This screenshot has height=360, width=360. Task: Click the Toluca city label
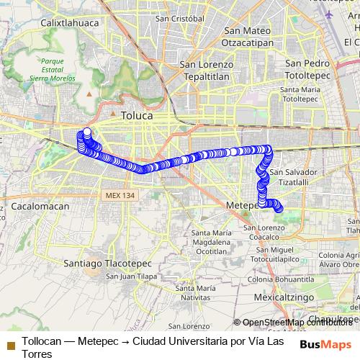(137, 115)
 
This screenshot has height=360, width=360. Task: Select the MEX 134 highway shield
(117, 196)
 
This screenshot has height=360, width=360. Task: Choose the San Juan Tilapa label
(131, 276)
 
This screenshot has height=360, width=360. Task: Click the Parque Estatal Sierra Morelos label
(53, 70)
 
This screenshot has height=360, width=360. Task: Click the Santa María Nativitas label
(195, 292)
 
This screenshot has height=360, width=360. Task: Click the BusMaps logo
(325, 344)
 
